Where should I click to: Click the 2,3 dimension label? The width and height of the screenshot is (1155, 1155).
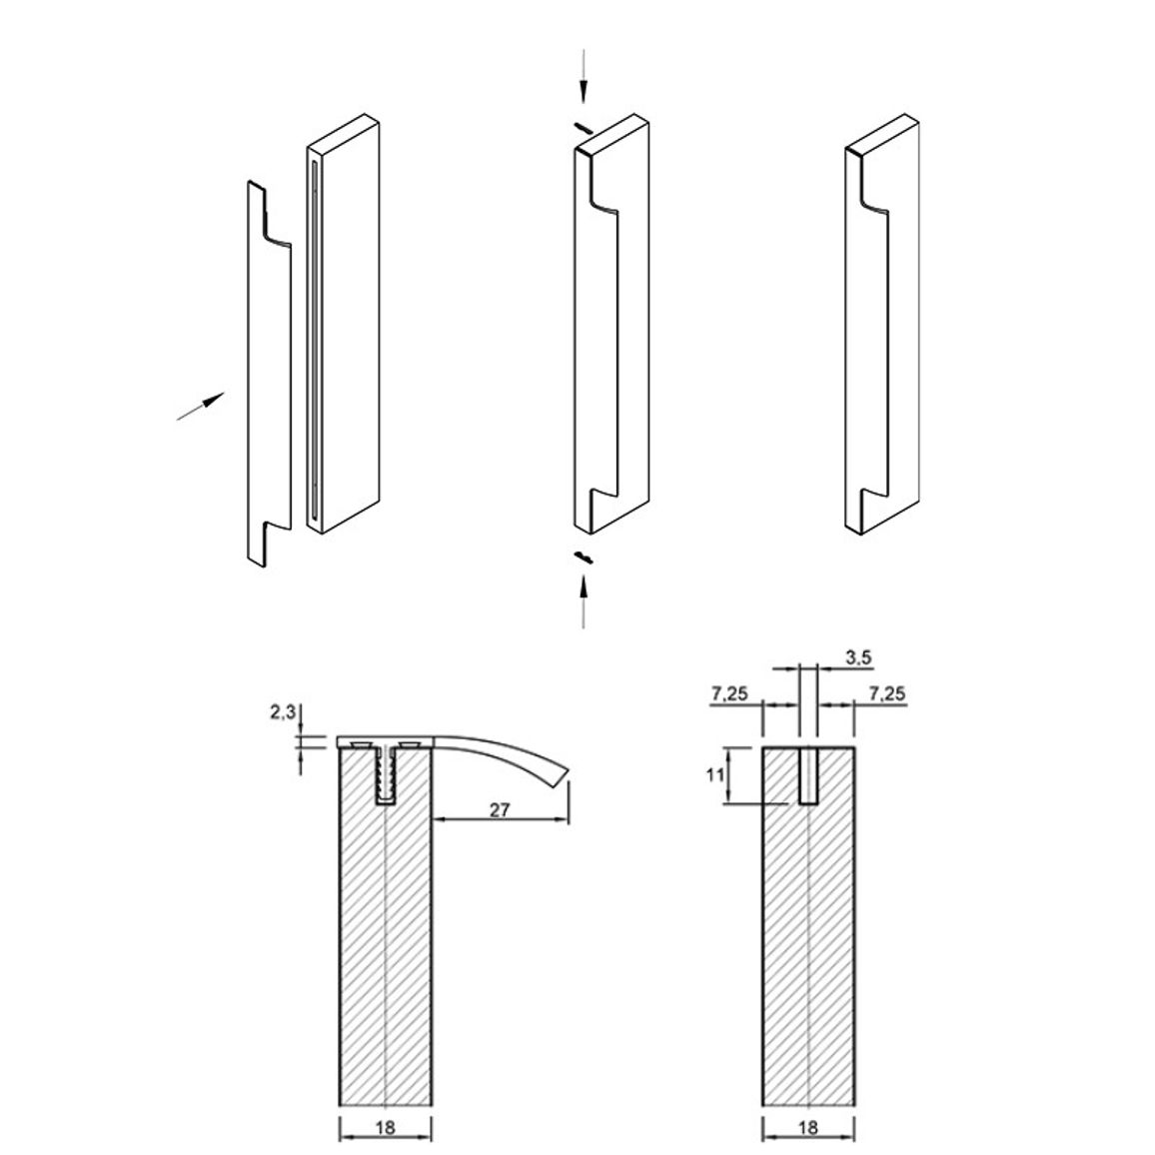tap(283, 711)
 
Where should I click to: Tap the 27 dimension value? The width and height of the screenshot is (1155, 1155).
tap(500, 809)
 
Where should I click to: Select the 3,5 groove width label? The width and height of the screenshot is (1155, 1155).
tap(858, 657)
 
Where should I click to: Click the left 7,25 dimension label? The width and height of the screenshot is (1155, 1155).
tap(730, 693)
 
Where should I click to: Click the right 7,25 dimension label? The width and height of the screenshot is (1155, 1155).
tap(887, 693)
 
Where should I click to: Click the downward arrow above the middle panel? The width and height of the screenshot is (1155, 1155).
tap(583, 75)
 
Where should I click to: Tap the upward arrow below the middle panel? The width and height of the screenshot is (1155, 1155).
tap(583, 601)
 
